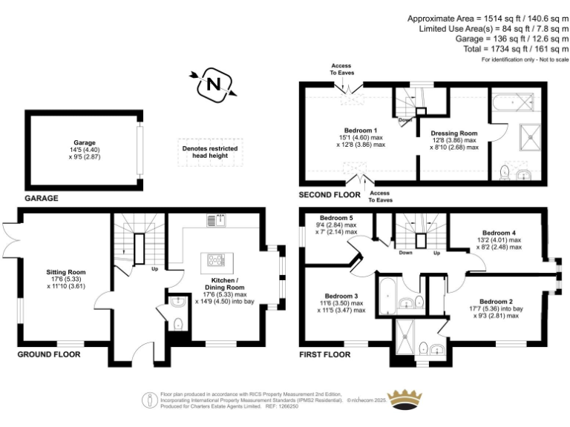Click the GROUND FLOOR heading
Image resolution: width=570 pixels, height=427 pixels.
[49, 354]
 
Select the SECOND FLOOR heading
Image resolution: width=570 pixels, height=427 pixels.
[330, 194]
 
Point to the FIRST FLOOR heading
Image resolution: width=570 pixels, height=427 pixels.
[324, 354]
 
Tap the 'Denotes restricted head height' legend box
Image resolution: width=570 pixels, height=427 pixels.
[210, 152]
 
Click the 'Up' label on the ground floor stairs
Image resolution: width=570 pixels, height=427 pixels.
[154, 268]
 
